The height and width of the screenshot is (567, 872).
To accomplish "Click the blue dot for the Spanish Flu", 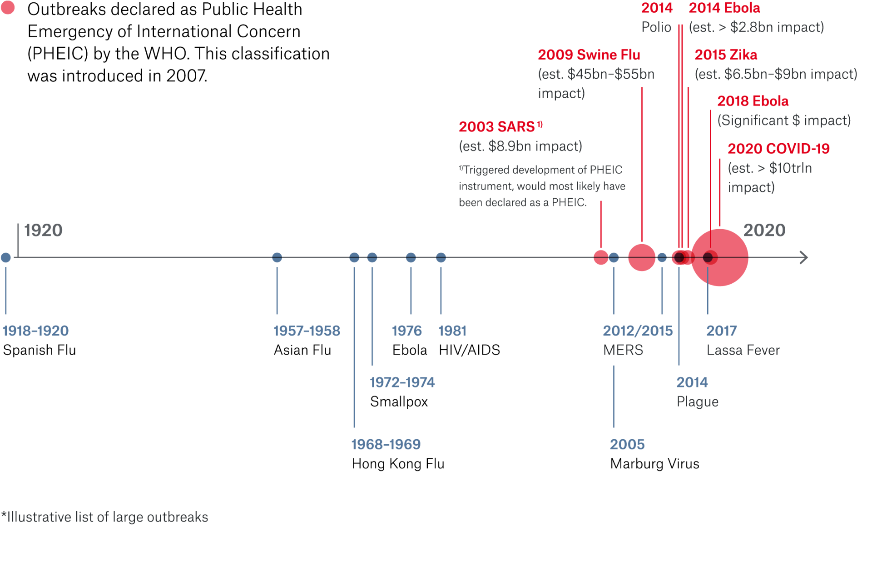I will [x=6, y=258].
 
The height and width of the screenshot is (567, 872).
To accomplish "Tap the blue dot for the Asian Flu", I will [x=277, y=258].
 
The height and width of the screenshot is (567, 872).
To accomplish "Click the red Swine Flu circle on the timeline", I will [x=642, y=258].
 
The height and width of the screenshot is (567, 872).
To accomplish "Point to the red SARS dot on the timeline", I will [x=601, y=258].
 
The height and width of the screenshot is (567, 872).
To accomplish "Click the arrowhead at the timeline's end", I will [x=804, y=258].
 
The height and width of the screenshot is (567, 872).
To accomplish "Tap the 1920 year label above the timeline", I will [x=43, y=231].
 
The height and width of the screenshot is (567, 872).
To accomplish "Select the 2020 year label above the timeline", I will [x=764, y=231].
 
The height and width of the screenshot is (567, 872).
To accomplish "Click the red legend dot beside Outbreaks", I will [x=8, y=8].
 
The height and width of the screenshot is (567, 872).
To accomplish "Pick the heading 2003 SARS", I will [x=497, y=127].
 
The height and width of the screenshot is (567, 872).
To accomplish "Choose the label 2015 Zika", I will [x=726, y=55].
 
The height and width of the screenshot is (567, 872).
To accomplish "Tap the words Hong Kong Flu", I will [x=398, y=464].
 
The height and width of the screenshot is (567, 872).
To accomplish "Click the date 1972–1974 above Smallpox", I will [x=402, y=382].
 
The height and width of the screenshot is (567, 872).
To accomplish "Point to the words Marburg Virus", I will [x=654, y=464].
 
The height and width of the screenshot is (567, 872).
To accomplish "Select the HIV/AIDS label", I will [x=469, y=350].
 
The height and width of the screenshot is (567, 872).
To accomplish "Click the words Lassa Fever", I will [x=743, y=350].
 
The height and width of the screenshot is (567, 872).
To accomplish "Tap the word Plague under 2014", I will [x=697, y=402].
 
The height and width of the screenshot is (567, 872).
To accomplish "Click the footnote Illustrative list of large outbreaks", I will [x=107, y=517].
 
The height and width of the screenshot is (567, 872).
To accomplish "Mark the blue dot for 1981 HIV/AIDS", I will [x=441, y=258].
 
